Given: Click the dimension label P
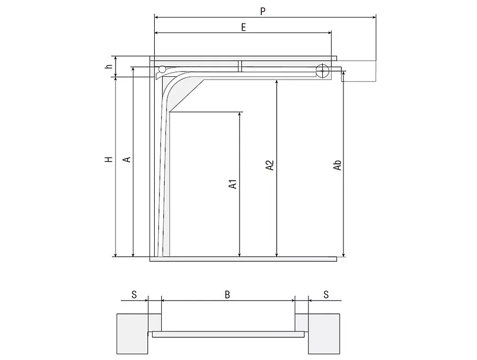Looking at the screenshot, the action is (263, 11).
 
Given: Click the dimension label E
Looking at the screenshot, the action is (243, 28).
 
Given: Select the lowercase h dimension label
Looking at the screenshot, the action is (109, 66).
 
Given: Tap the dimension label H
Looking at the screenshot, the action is (109, 159).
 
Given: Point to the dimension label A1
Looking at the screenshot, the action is (233, 184).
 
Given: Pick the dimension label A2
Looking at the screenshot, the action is (270, 165).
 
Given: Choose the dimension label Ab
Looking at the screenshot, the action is (338, 165).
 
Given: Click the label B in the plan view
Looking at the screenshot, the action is (227, 295).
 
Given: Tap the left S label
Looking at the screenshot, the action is (134, 295).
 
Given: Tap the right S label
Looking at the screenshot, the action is (326, 295).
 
